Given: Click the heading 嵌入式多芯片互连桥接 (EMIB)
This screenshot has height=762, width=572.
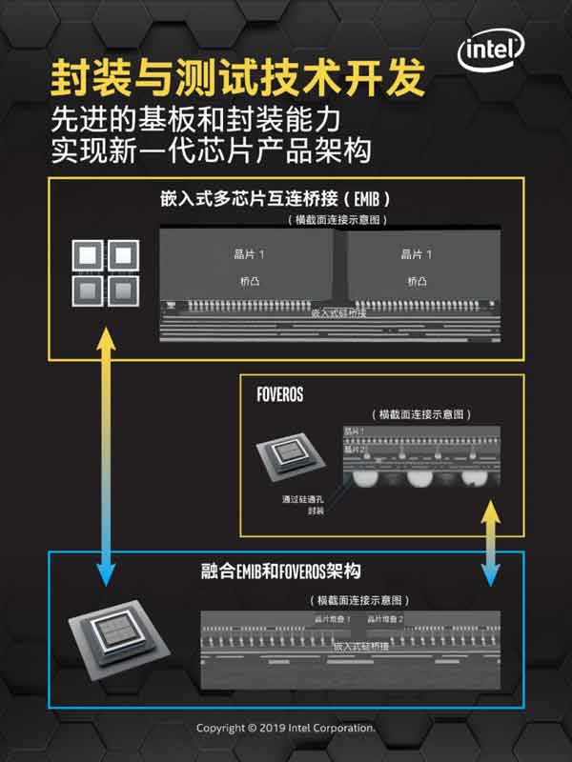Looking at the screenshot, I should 277,201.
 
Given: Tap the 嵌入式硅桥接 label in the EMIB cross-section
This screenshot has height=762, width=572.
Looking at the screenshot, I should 339,312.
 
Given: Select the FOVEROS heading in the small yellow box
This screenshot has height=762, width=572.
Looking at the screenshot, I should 279,394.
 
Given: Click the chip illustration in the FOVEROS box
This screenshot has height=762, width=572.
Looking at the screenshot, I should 292,461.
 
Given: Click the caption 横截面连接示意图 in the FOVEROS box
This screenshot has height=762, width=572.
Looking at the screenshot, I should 420,415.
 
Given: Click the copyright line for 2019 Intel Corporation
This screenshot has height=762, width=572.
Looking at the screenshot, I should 286,728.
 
